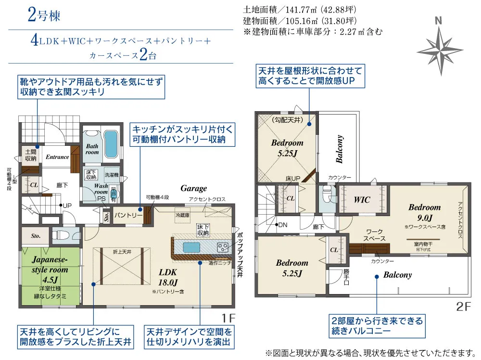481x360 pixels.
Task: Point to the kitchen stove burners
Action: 223,248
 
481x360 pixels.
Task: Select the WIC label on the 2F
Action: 362,199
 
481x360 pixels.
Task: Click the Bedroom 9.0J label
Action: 424,211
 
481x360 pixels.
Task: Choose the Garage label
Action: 194,188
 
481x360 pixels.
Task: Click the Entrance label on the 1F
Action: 57,157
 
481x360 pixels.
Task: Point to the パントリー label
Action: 128,215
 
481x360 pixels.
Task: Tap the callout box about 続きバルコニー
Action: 376,326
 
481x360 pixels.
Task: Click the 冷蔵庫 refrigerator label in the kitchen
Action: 182,215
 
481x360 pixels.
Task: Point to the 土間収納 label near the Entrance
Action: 30,155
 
